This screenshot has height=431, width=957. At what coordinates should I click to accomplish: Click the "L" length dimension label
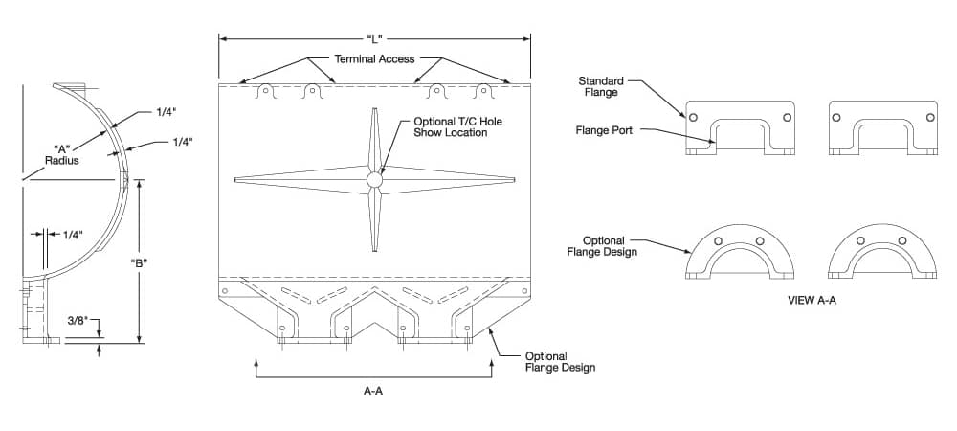pyautogui.click(x=374, y=39)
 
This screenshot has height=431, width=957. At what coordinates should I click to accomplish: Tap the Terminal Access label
pyautogui.click(x=374, y=59)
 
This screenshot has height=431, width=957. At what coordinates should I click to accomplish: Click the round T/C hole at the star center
pyautogui.click(x=374, y=179)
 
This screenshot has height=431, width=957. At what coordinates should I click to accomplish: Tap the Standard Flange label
pyautogui.click(x=603, y=86)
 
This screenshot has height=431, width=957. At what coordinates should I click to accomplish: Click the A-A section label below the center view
pyautogui.click(x=374, y=391)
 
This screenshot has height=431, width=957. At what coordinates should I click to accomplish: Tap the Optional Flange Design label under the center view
pyautogui.click(x=560, y=361)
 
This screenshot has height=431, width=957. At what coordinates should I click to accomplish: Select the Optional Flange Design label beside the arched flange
pyautogui.click(x=604, y=246)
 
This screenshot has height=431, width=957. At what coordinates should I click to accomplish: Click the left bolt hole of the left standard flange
pyautogui.click(x=692, y=117)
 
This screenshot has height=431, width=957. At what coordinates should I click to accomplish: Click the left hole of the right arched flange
pyautogui.click(x=860, y=239)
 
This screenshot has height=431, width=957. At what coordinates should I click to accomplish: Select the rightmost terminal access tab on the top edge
pyautogui.click(x=483, y=92)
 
